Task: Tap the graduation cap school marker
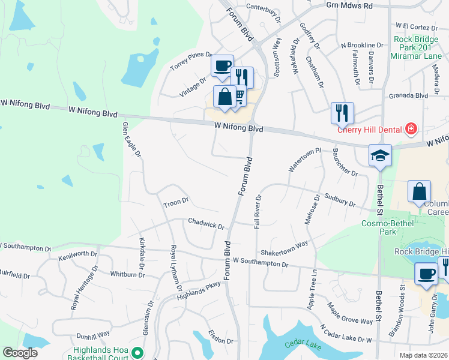click(381, 155)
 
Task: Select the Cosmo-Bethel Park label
click(387, 227)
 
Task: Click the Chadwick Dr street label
click(206, 223)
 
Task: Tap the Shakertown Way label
click(284, 247)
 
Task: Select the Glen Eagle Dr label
click(131, 140)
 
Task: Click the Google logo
click(20, 353)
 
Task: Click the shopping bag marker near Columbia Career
click(419, 192)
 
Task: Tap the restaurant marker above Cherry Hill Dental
click(342, 112)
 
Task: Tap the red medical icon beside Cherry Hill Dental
click(411, 128)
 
